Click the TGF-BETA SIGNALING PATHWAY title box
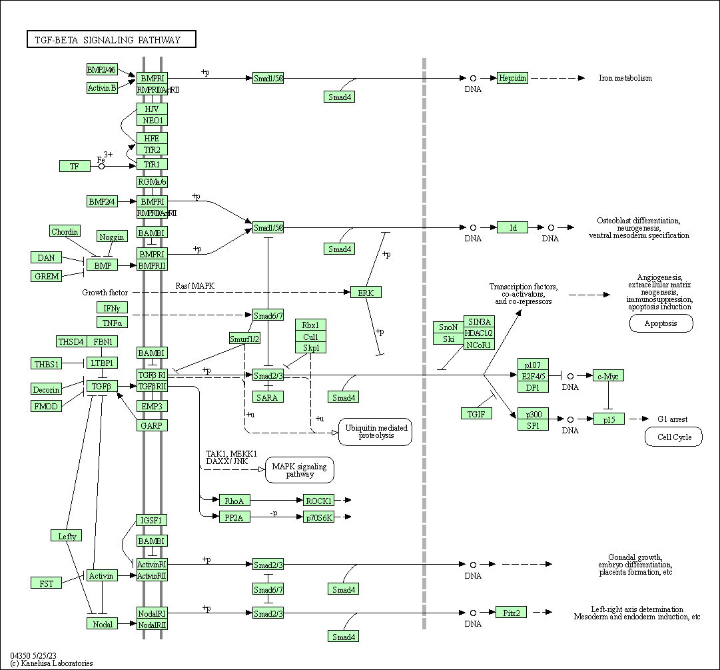(111, 40)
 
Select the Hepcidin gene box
(513, 78)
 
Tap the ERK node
(366, 292)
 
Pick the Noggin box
(112, 237)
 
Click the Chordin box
(65, 231)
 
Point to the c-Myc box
(608, 376)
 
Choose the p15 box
(609, 419)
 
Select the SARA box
(268, 397)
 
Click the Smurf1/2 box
(244, 339)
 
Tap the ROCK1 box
(318, 500)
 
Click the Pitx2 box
(512, 612)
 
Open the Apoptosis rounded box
(661, 323)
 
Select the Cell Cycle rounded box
(673, 437)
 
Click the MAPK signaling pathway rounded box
(300, 470)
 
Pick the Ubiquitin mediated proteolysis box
(375, 431)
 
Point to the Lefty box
(67, 536)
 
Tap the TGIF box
(476, 413)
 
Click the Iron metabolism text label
(625, 78)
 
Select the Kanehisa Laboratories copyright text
(51, 663)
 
